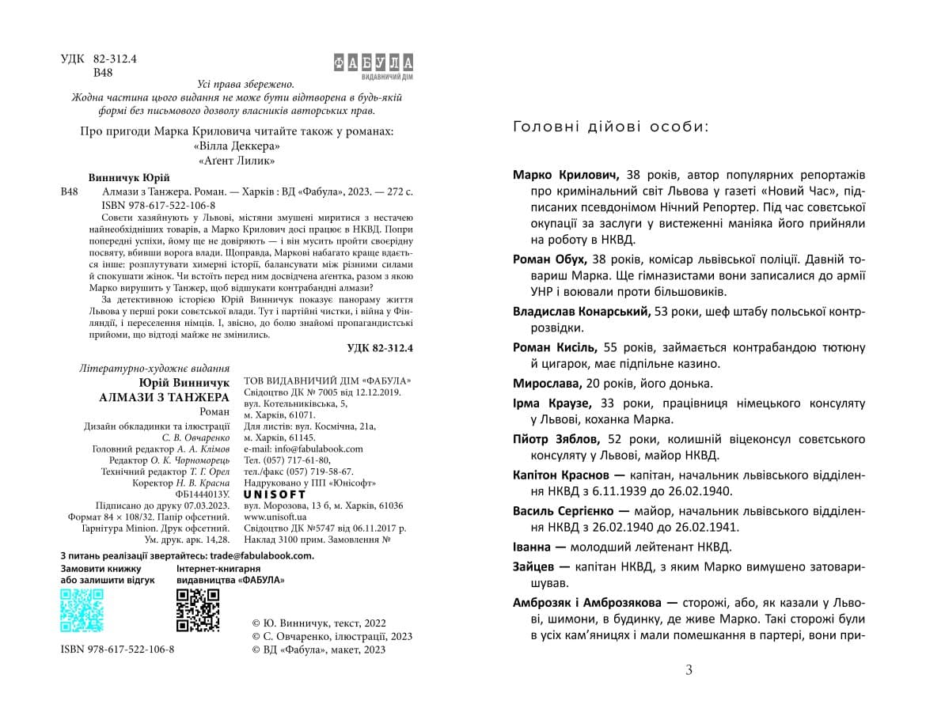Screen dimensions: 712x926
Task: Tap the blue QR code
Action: tap(82, 610)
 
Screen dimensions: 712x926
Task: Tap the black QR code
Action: tap(197, 610)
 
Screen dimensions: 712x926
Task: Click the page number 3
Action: tap(689, 671)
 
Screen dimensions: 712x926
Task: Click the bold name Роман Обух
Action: tap(549, 259)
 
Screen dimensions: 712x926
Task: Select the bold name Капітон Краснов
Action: tap(561, 475)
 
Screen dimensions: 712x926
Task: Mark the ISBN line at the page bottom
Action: tap(117, 650)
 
